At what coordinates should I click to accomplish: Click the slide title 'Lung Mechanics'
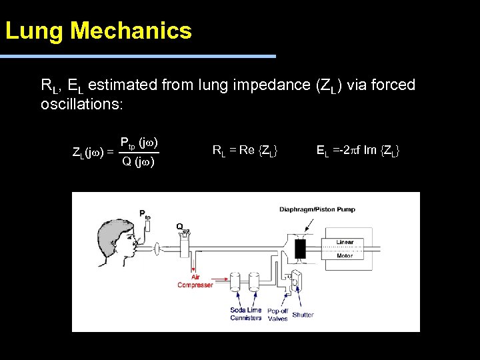tap(99, 31)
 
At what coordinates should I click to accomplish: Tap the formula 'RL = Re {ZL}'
tap(245, 151)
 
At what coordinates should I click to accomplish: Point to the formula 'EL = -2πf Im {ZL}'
tap(358, 151)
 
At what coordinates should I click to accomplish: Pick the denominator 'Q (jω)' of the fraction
tap(138, 161)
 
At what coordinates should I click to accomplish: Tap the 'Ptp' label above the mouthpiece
tap(145, 213)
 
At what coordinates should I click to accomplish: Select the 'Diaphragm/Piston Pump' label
tap(317, 209)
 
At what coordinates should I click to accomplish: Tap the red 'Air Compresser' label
tap(195, 281)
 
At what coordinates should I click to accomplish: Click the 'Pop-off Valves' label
tap(277, 315)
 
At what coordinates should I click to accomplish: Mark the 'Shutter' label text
tap(303, 315)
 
